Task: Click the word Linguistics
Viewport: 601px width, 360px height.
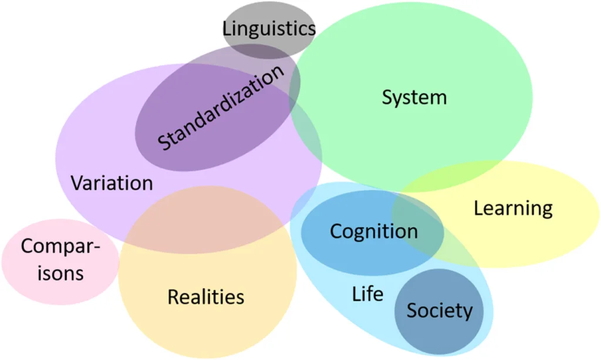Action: [x=269, y=28]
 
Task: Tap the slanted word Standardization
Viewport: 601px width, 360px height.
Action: [x=221, y=107]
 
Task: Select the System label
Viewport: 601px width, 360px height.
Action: [x=414, y=97]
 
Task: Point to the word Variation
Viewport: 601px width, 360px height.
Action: [x=112, y=183]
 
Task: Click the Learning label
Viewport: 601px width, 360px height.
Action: [x=513, y=208]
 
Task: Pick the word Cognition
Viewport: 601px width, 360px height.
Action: [x=373, y=231]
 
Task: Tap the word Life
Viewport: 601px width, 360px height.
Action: [x=367, y=293]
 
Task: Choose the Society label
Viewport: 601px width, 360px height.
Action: [x=439, y=310]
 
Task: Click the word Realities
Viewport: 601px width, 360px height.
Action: [x=205, y=297]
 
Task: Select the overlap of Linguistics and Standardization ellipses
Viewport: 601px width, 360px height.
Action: [x=264, y=53]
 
